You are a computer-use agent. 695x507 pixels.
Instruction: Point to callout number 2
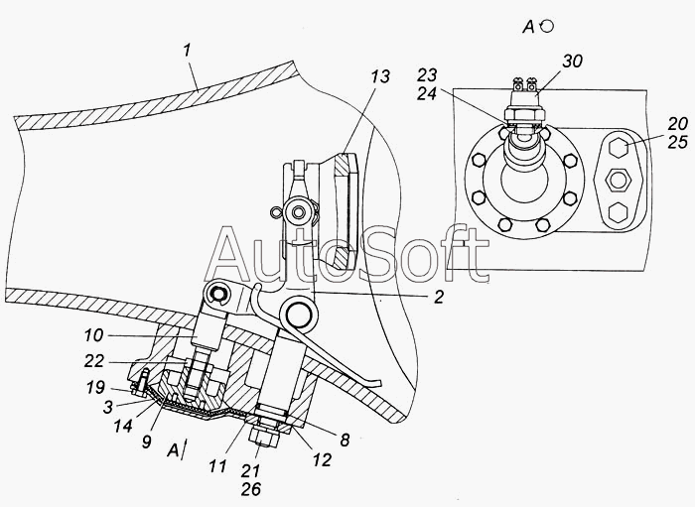pos(439,296)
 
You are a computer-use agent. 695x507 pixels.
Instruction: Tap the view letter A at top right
pos(530,27)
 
